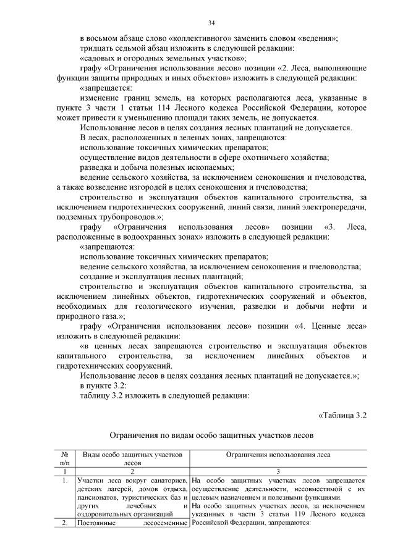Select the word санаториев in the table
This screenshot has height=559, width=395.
[165, 480]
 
